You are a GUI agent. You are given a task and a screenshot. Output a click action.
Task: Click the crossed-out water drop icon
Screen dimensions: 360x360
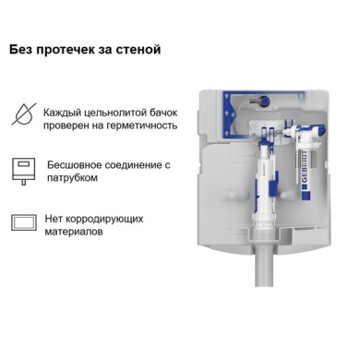click(24, 114)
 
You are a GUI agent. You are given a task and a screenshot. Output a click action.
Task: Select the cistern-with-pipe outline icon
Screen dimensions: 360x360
click(24, 171)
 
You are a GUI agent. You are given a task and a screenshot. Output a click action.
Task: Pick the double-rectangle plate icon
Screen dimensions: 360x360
click(24, 222)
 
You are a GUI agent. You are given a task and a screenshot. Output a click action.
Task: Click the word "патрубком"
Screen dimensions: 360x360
click(72, 178)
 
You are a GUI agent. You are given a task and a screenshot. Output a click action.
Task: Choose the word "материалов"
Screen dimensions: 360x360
click(74, 232)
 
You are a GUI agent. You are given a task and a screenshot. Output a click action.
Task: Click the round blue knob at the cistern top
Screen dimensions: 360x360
click(263, 100)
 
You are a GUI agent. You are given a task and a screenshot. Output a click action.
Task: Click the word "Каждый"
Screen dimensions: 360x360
click(57, 113)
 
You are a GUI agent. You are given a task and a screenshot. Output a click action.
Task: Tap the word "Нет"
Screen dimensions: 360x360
click(54, 219)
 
